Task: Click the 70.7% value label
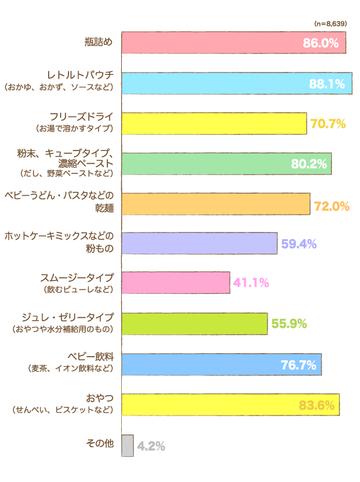click(328, 124)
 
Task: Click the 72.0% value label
click(332, 206)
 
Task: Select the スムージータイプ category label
click(77, 277)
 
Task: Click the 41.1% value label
click(251, 283)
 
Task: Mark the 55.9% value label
click(289, 324)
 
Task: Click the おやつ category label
click(100, 397)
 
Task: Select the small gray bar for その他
click(127, 445)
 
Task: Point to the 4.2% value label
click(151, 446)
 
